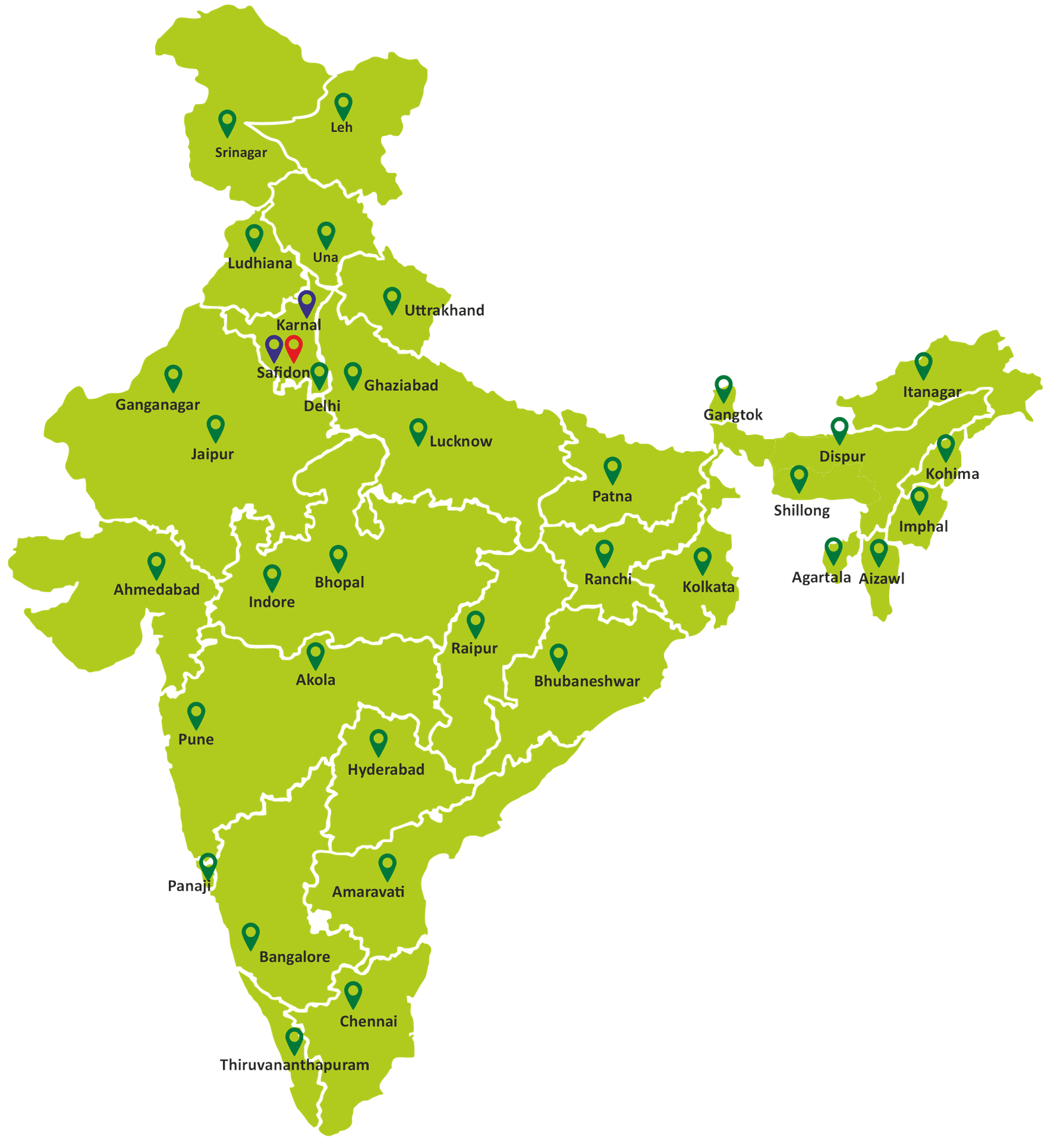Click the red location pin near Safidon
tap(294, 347)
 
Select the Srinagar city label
tap(241, 153)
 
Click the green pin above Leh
tap(343, 105)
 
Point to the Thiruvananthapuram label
tap(294, 1065)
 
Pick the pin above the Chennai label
tap(353, 994)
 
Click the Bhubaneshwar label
tap(587, 681)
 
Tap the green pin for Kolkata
tap(703, 560)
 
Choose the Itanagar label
tap(932, 392)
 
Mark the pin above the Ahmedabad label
tap(156, 564)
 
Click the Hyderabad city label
tap(386, 770)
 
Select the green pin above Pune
tap(196, 714)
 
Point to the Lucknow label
tap(461, 442)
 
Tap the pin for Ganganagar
tap(173, 377)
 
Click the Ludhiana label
tap(260, 263)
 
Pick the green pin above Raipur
tap(476, 623)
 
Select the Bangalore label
tap(294, 957)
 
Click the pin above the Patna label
tap(612, 469)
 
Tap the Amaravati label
tap(368, 892)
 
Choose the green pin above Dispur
tap(839, 428)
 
